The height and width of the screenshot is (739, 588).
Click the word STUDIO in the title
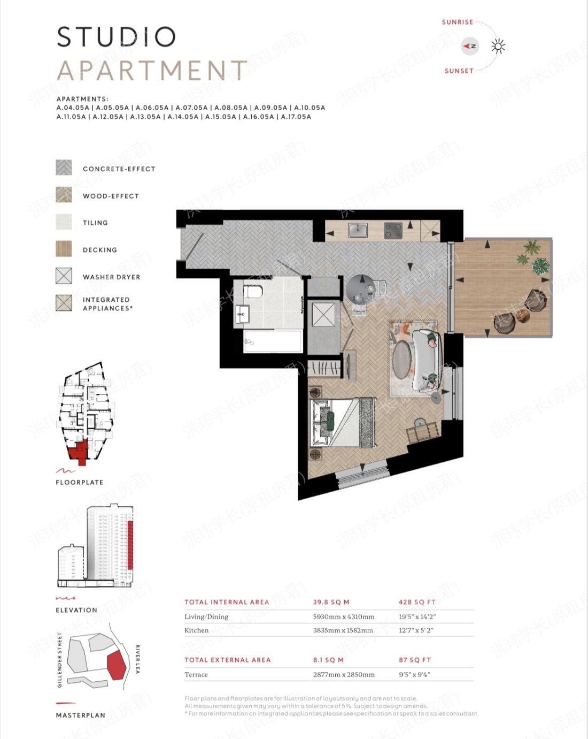tap(116, 37)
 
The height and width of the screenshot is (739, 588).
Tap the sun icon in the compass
tap(498, 47)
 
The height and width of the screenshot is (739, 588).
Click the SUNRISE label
tap(457, 22)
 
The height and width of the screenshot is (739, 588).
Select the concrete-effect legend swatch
tap(64, 167)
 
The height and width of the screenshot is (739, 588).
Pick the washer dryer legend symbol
tap(64, 276)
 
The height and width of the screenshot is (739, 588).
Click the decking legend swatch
tap(64, 249)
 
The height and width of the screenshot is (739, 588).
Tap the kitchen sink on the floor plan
tap(358, 230)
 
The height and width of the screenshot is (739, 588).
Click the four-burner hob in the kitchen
tap(393, 231)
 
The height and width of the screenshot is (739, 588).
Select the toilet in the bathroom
tap(253, 292)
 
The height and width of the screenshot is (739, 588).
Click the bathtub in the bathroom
tap(273, 341)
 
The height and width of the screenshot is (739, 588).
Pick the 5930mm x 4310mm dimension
tap(343, 616)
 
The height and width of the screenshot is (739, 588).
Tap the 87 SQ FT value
tap(414, 660)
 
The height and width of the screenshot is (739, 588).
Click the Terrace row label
tap(196, 674)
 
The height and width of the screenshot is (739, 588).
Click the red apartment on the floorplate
tap(79, 451)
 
